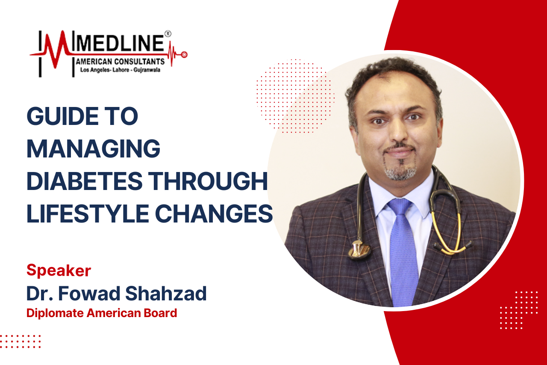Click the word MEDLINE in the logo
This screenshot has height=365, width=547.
pos(120,44)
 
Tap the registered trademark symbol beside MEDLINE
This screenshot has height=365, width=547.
pos(168,34)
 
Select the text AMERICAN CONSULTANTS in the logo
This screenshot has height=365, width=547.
pos(120,61)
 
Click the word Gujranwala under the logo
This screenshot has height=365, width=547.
pos(147,70)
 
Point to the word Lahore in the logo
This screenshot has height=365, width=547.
pos(121,70)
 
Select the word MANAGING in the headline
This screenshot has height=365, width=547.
pos(93,148)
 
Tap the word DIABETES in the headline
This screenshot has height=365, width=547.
pos(85,181)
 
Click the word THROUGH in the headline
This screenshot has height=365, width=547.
pos(208,181)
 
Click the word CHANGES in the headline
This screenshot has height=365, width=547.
pos(214,214)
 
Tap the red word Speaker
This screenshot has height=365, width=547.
pos(59,271)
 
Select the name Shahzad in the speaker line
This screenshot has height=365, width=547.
pos(166,293)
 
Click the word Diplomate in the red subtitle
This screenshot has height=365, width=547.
pos(55,313)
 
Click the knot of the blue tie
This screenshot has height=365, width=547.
pos(400,205)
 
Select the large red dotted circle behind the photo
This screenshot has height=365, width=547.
pos(295,96)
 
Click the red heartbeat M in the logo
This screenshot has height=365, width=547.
pos(56,48)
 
